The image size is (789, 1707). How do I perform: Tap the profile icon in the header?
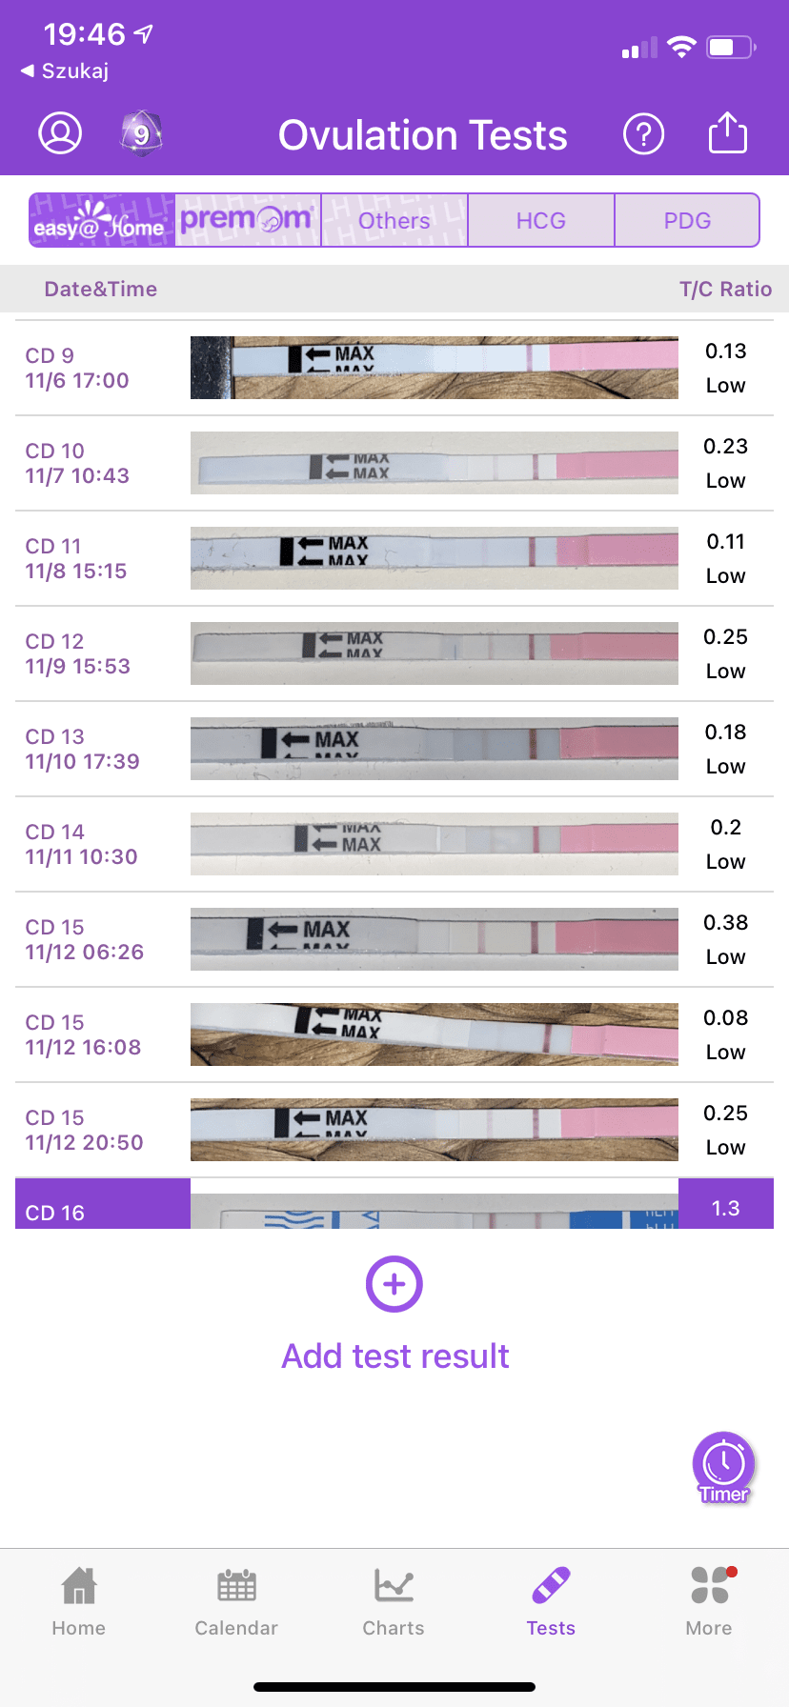[60, 133]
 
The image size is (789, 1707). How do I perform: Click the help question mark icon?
[643, 134]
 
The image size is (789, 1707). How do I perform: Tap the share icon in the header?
[727, 133]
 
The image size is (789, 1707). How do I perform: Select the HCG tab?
[540, 220]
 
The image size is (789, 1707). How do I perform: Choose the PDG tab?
[687, 220]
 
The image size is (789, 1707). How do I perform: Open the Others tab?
[394, 220]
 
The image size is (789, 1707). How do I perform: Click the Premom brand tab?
[247, 220]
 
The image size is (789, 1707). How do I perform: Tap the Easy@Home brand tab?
[101, 220]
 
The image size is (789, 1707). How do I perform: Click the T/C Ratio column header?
[725, 289]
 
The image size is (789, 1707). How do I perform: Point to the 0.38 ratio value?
[725, 922]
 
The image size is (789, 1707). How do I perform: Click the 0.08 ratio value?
[725, 1017]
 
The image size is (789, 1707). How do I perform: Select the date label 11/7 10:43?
[77, 475]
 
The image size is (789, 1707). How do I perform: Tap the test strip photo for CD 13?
[434, 748]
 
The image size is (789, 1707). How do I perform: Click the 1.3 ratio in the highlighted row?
[725, 1208]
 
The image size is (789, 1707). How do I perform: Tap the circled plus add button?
[394, 1284]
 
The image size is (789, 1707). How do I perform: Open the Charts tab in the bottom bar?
[394, 1600]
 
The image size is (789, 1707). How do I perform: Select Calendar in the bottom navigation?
[236, 1600]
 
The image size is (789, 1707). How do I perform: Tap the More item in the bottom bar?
[709, 1600]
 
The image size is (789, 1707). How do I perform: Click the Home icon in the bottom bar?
[79, 1587]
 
